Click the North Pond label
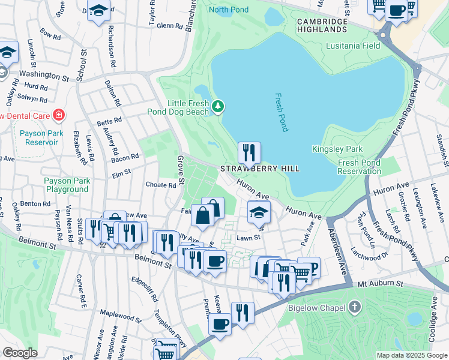coord(228,9)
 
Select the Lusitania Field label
coord(353,46)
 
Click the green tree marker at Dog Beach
coord(218,107)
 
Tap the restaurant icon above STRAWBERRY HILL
coord(249,152)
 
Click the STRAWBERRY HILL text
coord(259,169)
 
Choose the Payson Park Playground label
coord(66,185)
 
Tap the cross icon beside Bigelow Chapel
coord(355,308)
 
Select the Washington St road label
coord(44,76)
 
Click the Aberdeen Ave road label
coord(339,246)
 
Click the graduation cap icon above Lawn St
coord(259,212)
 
